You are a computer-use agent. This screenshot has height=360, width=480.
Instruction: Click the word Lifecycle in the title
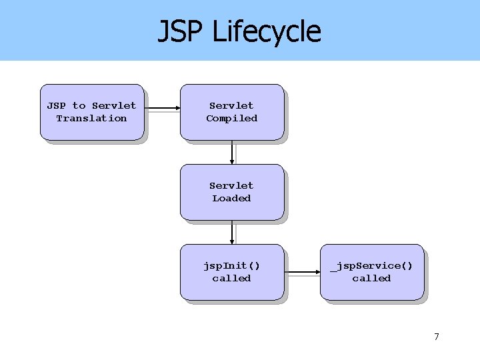[266, 32]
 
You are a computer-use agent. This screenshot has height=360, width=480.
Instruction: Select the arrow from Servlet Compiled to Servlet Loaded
[232, 152]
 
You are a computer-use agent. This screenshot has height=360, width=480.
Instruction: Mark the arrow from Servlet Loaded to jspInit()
[232, 232]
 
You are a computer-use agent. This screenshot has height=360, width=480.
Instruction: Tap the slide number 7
[437, 337]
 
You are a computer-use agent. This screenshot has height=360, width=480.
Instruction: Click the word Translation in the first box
[91, 119]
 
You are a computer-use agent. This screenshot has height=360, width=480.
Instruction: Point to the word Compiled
[231, 119]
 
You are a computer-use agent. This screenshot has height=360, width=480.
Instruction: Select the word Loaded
[231, 199]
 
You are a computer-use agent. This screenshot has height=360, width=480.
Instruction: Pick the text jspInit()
[231, 265]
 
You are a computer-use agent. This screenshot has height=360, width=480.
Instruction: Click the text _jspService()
[371, 265]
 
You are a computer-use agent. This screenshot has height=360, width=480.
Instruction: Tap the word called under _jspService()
[371, 279]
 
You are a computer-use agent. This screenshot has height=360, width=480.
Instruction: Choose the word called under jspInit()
[231, 279]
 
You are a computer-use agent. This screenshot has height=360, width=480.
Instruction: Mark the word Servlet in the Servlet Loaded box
[231, 185]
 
